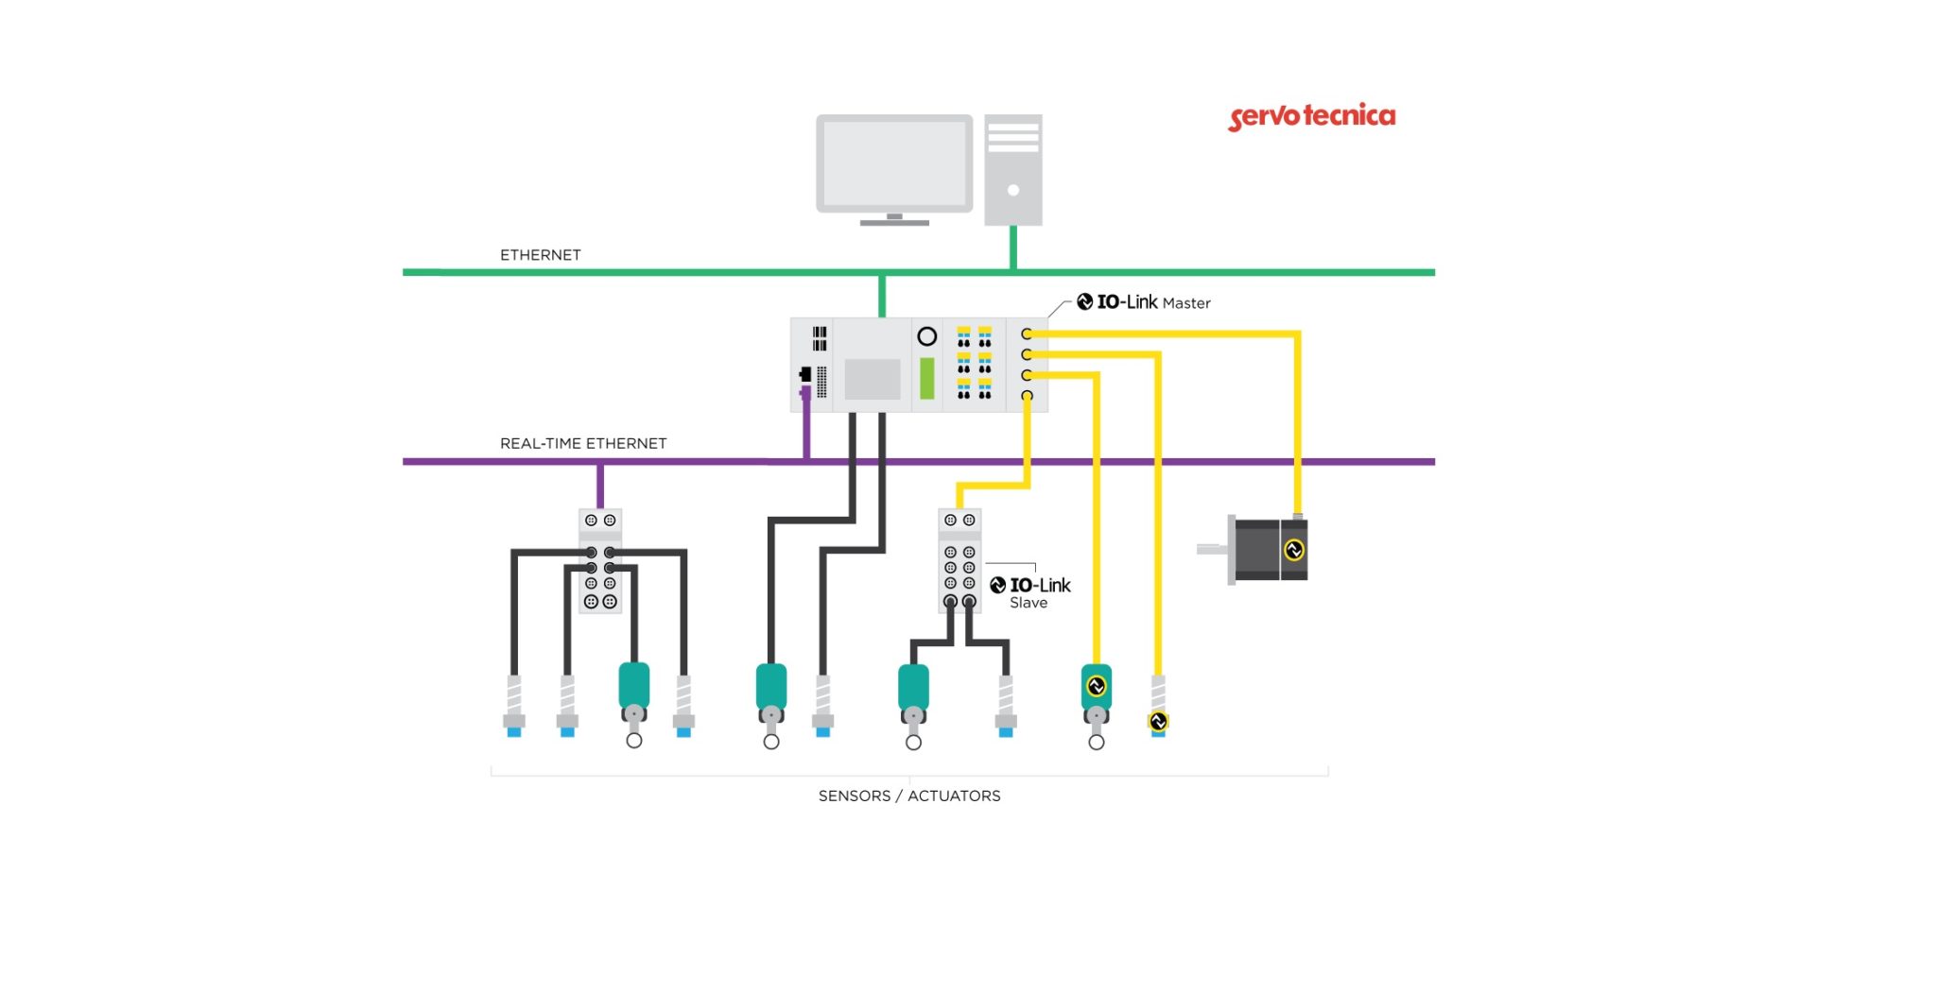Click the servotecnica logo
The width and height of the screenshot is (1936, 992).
1311,117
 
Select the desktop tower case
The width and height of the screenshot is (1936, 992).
1013,170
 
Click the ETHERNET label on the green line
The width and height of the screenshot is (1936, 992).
540,255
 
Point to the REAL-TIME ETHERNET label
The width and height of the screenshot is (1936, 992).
582,443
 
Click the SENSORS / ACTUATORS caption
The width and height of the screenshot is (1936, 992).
908,795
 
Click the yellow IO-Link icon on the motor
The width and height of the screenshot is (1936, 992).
1294,550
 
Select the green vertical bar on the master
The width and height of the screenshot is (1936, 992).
927,378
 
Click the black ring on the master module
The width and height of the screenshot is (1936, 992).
927,336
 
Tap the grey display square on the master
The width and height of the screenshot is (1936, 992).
873,379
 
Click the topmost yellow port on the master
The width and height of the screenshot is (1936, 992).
1027,334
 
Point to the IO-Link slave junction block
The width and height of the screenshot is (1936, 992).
959,561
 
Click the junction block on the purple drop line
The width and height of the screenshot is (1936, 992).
600,561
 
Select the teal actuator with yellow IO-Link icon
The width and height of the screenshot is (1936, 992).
1097,687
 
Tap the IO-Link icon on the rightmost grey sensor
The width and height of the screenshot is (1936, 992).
1158,722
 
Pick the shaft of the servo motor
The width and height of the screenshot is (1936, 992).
1211,549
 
